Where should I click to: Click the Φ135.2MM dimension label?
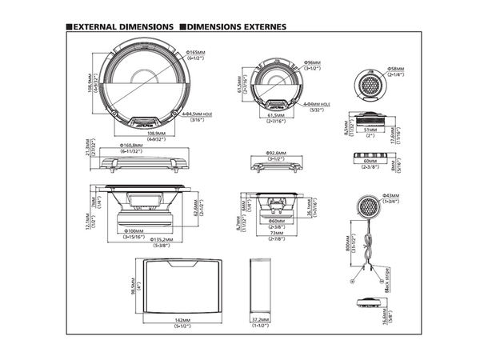[x=147, y=243]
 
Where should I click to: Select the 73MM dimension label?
[x=277, y=234]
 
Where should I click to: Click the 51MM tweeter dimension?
[x=370, y=128]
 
